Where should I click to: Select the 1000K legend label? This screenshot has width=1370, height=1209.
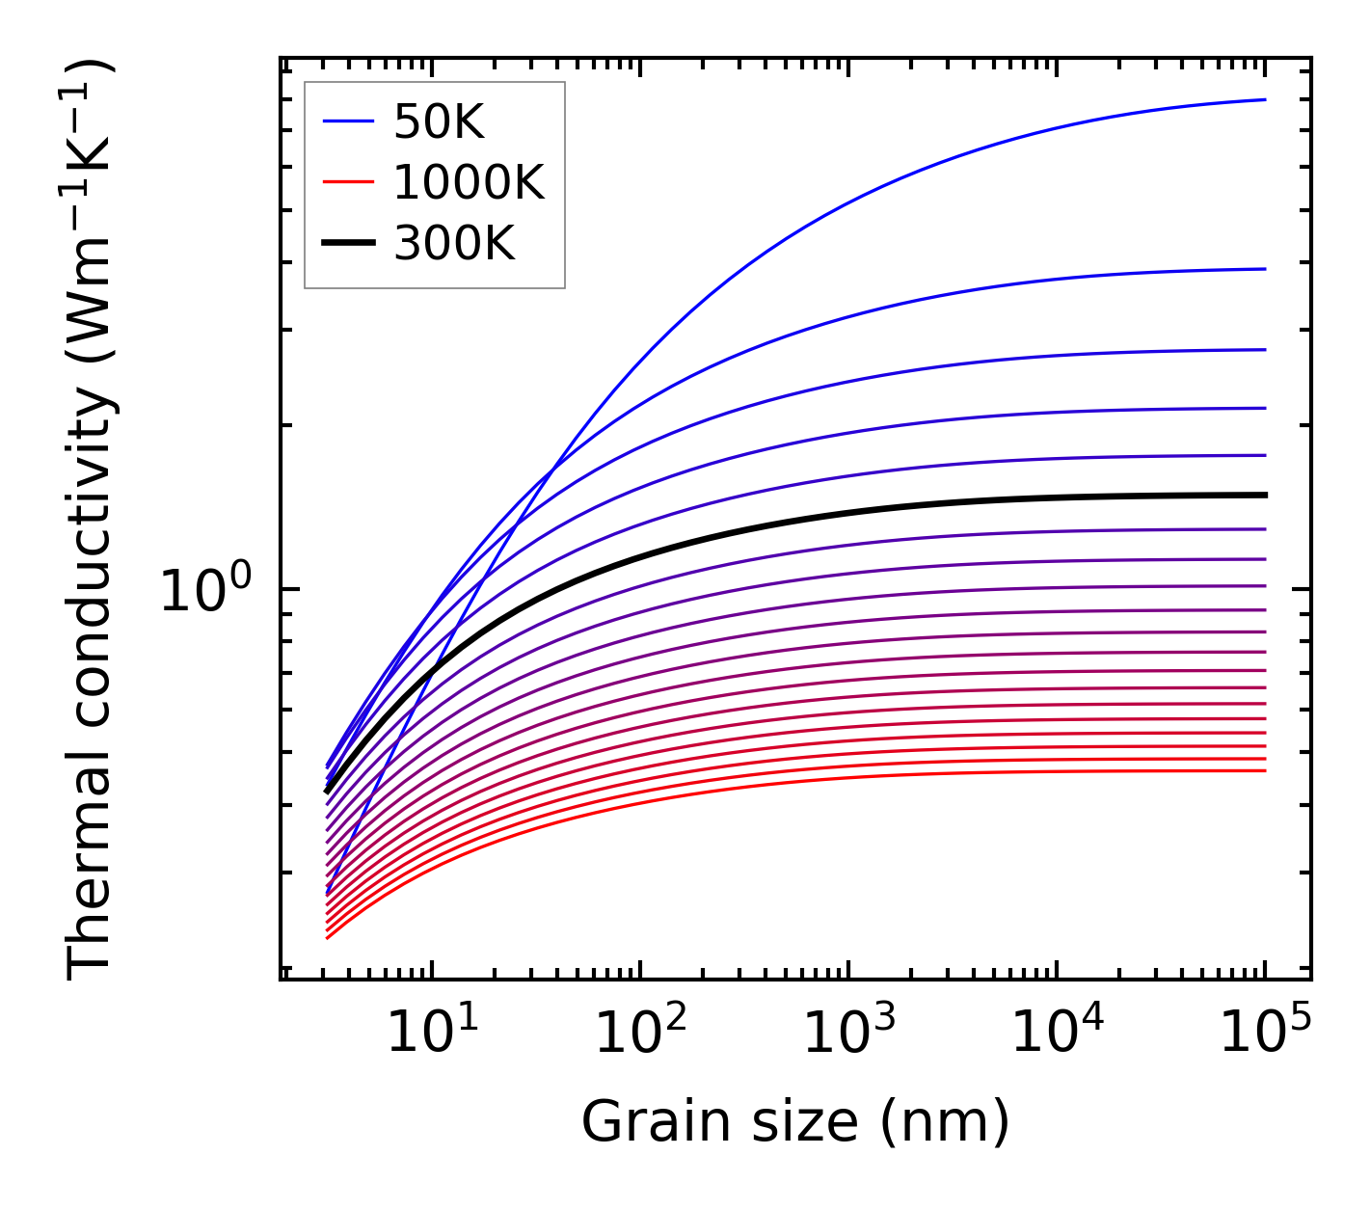[x=469, y=182]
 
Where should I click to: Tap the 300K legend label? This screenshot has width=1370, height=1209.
[x=454, y=244]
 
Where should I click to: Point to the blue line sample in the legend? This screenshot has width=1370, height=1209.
[x=348, y=121]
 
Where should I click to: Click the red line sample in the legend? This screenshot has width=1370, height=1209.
[x=348, y=182]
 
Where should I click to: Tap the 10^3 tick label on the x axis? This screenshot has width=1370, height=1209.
[x=848, y=1033]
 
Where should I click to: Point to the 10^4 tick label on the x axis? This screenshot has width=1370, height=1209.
[x=1057, y=1033]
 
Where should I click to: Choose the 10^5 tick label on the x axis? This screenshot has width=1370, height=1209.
[x=1265, y=1033]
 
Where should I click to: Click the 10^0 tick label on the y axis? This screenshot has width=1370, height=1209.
[x=204, y=590]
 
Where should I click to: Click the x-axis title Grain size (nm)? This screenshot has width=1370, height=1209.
[x=795, y=1121]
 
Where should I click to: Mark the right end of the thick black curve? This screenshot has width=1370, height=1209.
[x=1265, y=495]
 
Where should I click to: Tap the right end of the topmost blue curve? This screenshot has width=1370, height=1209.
[x=1265, y=99]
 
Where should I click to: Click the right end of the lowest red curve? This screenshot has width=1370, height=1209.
[x=1265, y=770]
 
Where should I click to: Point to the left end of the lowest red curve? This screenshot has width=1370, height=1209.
[x=328, y=937]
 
